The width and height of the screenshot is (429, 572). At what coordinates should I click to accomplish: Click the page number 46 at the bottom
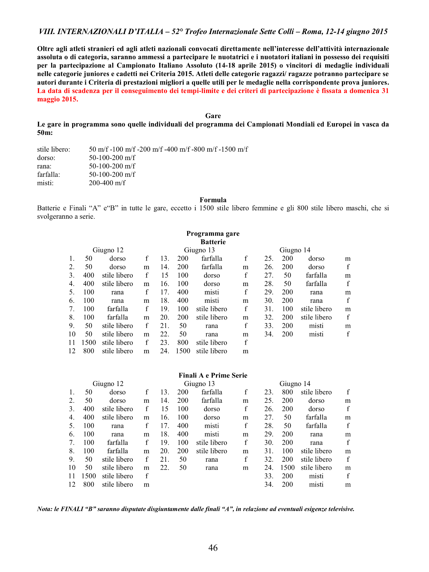213,548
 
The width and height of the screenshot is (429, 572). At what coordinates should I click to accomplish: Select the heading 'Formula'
213,200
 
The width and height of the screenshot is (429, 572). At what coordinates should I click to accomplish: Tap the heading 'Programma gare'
213,233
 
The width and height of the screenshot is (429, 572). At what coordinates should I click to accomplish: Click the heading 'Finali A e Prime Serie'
213,375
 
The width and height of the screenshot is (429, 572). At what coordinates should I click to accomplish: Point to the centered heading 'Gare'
213,116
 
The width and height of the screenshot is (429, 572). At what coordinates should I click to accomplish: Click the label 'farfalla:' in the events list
49,175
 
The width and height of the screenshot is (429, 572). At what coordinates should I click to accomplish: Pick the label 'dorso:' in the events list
46,158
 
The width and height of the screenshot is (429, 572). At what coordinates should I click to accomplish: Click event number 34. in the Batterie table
269,334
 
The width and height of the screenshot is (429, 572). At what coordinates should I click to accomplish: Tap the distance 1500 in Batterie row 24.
183,351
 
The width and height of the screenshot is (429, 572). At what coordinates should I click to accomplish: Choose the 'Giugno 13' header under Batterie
199,250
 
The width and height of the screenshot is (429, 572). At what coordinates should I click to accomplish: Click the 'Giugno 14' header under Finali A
295,384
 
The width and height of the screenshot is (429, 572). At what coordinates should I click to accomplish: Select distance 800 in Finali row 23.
287,392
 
